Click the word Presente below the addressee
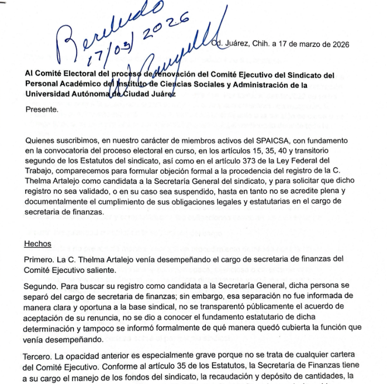point(42,108)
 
